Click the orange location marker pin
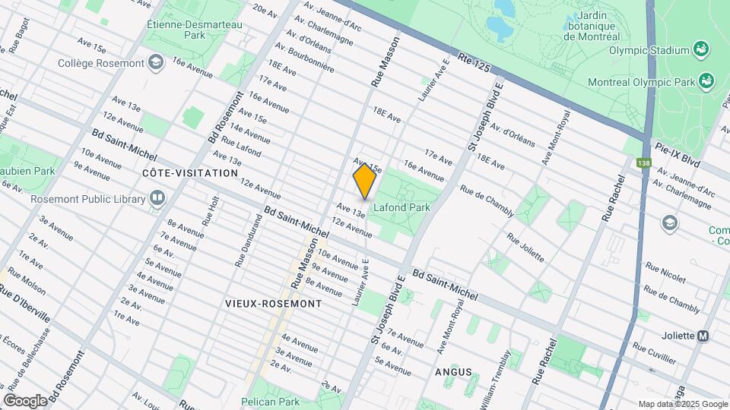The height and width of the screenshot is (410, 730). tap(365, 181)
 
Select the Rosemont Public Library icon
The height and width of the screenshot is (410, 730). tap(157, 199)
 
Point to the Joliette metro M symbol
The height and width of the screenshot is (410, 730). tap(703, 336)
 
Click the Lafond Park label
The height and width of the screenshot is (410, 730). tap(401, 207)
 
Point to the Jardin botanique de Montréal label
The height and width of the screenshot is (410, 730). tap(590, 25)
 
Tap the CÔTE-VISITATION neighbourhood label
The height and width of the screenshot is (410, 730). tap(190, 173)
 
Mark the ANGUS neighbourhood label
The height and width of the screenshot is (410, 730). tap(453, 372)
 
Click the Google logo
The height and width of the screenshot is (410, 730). tap(25, 400)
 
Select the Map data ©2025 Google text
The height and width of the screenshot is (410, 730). tap(682, 404)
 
